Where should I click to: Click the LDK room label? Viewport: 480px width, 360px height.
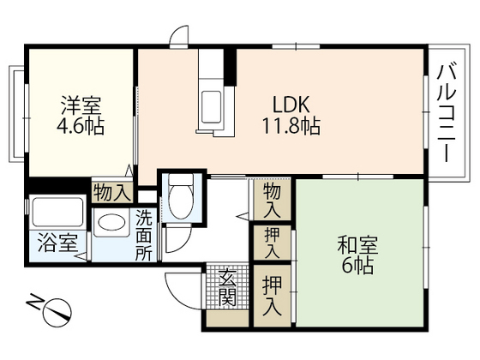[291, 105]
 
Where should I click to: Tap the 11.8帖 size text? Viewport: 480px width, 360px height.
[291, 126]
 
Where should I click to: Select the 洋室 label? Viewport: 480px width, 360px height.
[81, 105]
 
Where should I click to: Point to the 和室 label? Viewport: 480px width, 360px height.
[358, 245]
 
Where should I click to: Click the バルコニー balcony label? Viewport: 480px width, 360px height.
[447, 111]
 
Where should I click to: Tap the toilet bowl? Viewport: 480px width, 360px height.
[181, 197]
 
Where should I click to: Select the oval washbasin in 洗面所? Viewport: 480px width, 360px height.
[111, 222]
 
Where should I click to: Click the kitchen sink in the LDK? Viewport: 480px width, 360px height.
[211, 106]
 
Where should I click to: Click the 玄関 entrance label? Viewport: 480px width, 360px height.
[228, 287]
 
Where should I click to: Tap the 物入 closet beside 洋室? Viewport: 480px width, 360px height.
[112, 193]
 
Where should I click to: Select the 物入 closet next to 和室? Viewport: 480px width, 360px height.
[273, 200]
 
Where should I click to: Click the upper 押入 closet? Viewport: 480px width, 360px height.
[273, 243]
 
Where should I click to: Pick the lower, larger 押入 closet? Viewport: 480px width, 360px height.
[273, 296]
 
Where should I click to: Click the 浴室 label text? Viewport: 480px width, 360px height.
[57, 243]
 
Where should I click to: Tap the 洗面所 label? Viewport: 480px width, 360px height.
[144, 235]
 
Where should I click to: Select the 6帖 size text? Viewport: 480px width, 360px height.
[358, 266]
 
